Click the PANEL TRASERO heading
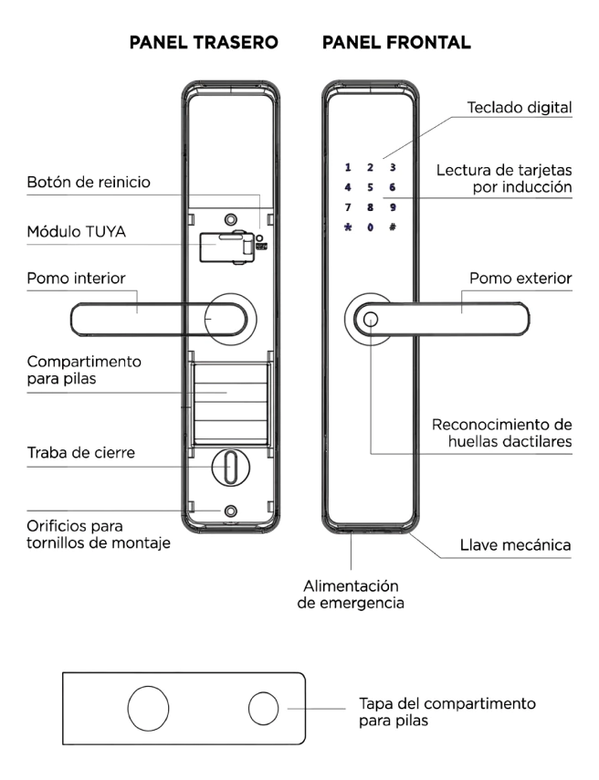[204, 42]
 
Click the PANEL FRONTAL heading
[396, 42]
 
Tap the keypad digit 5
[370, 187]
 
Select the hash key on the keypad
[393, 227]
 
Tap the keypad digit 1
[348, 168]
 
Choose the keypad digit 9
[393, 207]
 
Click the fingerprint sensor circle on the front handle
[371, 320]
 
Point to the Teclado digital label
[520, 108]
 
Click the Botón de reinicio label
[89, 182]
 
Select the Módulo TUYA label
[76, 232]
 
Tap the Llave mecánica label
[515, 545]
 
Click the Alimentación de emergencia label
[351, 595]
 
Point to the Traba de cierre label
[80, 453]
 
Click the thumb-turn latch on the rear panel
[230, 467]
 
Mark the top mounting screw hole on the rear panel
[230, 219]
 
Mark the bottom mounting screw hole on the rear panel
[230, 511]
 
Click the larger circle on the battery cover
[148, 709]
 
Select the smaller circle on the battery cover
[263, 709]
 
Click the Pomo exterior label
[520, 278]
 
